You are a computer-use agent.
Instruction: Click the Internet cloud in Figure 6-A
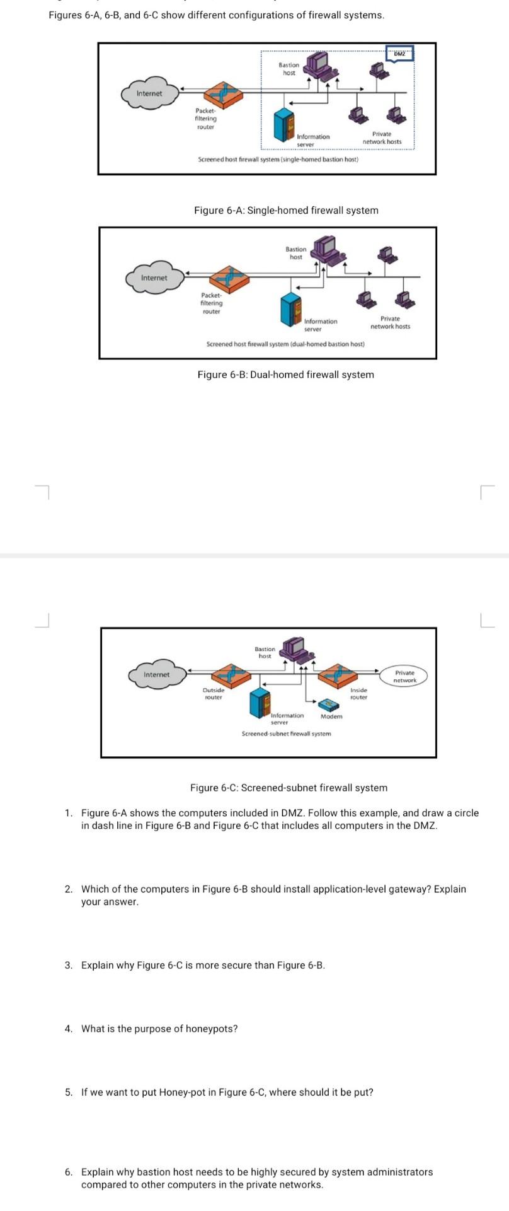pyautogui.click(x=149, y=93)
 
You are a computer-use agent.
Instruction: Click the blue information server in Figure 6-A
pyautogui.click(x=283, y=124)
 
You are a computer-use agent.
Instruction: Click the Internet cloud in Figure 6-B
pyautogui.click(x=154, y=278)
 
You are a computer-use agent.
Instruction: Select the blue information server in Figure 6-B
pyautogui.click(x=290, y=309)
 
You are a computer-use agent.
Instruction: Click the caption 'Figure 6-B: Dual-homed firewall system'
pyautogui.click(x=285, y=375)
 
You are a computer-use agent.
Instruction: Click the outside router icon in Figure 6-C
pyautogui.click(x=231, y=676)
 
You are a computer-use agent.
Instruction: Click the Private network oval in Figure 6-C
pyautogui.click(x=404, y=676)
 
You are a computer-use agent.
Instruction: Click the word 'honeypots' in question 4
pyautogui.click(x=213, y=1028)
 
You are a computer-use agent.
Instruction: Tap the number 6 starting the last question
pyautogui.click(x=68, y=1171)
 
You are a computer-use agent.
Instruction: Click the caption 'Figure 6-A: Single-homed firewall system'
pyautogui.click(x=286, y=210)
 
